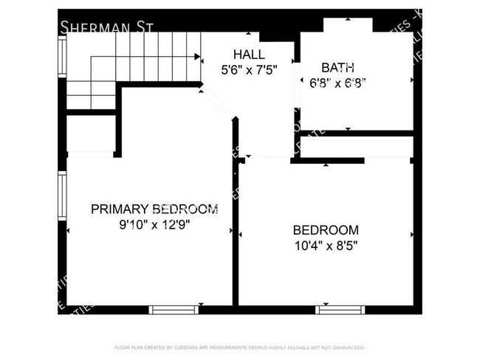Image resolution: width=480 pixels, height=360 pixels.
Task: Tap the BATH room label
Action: click(x=332, y=67)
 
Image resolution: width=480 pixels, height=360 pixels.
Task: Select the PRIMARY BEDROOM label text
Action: click(x=154, y=209)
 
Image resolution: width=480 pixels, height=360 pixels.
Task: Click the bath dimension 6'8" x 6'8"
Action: click(x=337, y=83)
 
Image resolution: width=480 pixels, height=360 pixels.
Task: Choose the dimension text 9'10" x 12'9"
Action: click(x=154, y=226)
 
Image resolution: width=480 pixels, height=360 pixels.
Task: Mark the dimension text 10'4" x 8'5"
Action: click(x=326, y=246)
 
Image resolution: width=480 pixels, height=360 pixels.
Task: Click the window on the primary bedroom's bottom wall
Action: click(x=174, y=310)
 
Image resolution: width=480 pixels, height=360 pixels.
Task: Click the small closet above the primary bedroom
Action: click(x=90, y=134)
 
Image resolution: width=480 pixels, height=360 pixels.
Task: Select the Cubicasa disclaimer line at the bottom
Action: click(x=239, y=347)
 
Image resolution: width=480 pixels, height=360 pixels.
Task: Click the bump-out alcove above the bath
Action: click(x=348, y=25)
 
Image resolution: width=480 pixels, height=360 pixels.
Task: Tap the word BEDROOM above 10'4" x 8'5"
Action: click(x=326, y=229)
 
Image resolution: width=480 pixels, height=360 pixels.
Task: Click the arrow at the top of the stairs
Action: click(x=197, y=56)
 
